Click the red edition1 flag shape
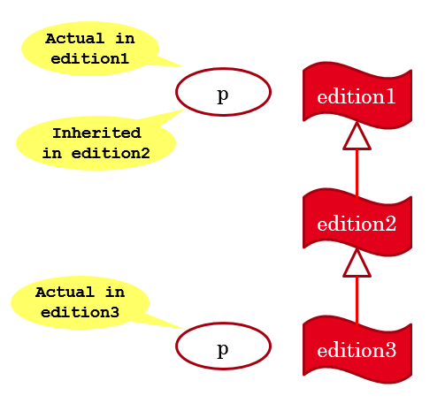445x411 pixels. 357,95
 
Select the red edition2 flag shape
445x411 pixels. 357,223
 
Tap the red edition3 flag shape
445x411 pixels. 357,350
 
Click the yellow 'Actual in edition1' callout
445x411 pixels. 90,49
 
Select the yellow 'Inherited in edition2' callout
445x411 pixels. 96,143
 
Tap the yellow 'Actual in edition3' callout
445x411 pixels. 80,302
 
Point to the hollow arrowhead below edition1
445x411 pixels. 357,136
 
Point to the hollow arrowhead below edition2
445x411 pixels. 357,263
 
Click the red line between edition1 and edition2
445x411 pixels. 357,176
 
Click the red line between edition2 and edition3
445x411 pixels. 357,303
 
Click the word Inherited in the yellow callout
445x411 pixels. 96,133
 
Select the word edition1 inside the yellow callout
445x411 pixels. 90,58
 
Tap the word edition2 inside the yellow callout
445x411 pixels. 111,153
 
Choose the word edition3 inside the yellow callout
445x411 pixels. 80,312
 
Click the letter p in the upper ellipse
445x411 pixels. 223,95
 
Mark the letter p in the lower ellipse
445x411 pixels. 223,350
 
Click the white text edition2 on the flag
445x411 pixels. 357,224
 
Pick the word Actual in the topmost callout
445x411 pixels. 75,39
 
